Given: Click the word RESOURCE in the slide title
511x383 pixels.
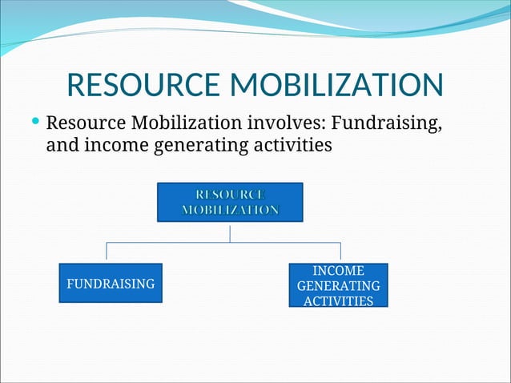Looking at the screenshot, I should [144, 87].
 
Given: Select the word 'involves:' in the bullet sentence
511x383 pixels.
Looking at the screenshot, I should [285, 125].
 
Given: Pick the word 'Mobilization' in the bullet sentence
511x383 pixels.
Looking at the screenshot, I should [185, 125].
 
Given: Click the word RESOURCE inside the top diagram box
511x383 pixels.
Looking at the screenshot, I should [230, 194].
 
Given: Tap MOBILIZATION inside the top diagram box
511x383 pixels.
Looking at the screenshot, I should [230, 210].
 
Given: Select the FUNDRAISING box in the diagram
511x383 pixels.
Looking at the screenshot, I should [111, 283].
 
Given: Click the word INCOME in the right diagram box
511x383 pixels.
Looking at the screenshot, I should [338, 271].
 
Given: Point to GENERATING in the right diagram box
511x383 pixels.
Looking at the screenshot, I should [338, 286].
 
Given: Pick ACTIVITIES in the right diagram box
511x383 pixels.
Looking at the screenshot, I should [338, 301].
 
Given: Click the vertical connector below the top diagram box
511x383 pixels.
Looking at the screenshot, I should [230, 232].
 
